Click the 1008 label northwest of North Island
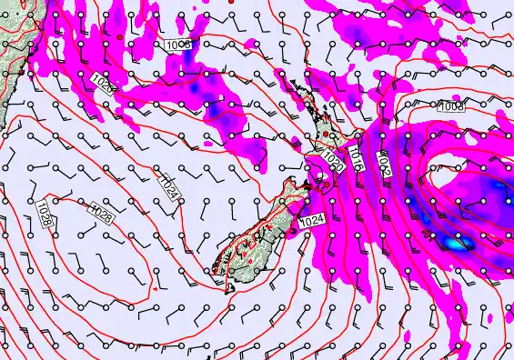pos(178,45)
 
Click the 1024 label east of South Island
pos(312,220)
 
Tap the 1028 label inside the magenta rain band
pos(103,85)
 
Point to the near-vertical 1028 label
pos(44,215)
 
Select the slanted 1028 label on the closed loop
pos(103,215)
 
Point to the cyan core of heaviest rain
pos(453,243)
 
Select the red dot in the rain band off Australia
pos(119,35)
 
